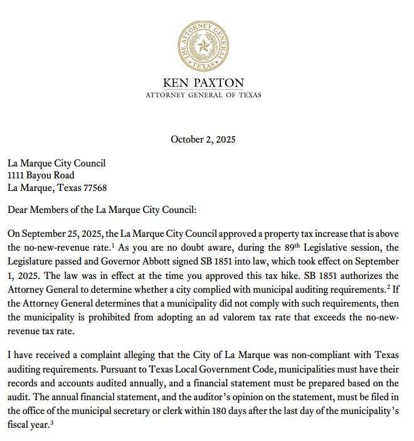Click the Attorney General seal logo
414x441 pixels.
(x=203, y=45)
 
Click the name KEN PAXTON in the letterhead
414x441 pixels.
(x=203, y=82)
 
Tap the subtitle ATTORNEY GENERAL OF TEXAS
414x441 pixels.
(x=203, y=95)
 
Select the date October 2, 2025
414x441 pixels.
(x=203, y=139)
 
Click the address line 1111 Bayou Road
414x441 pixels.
(x=41, y=175)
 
